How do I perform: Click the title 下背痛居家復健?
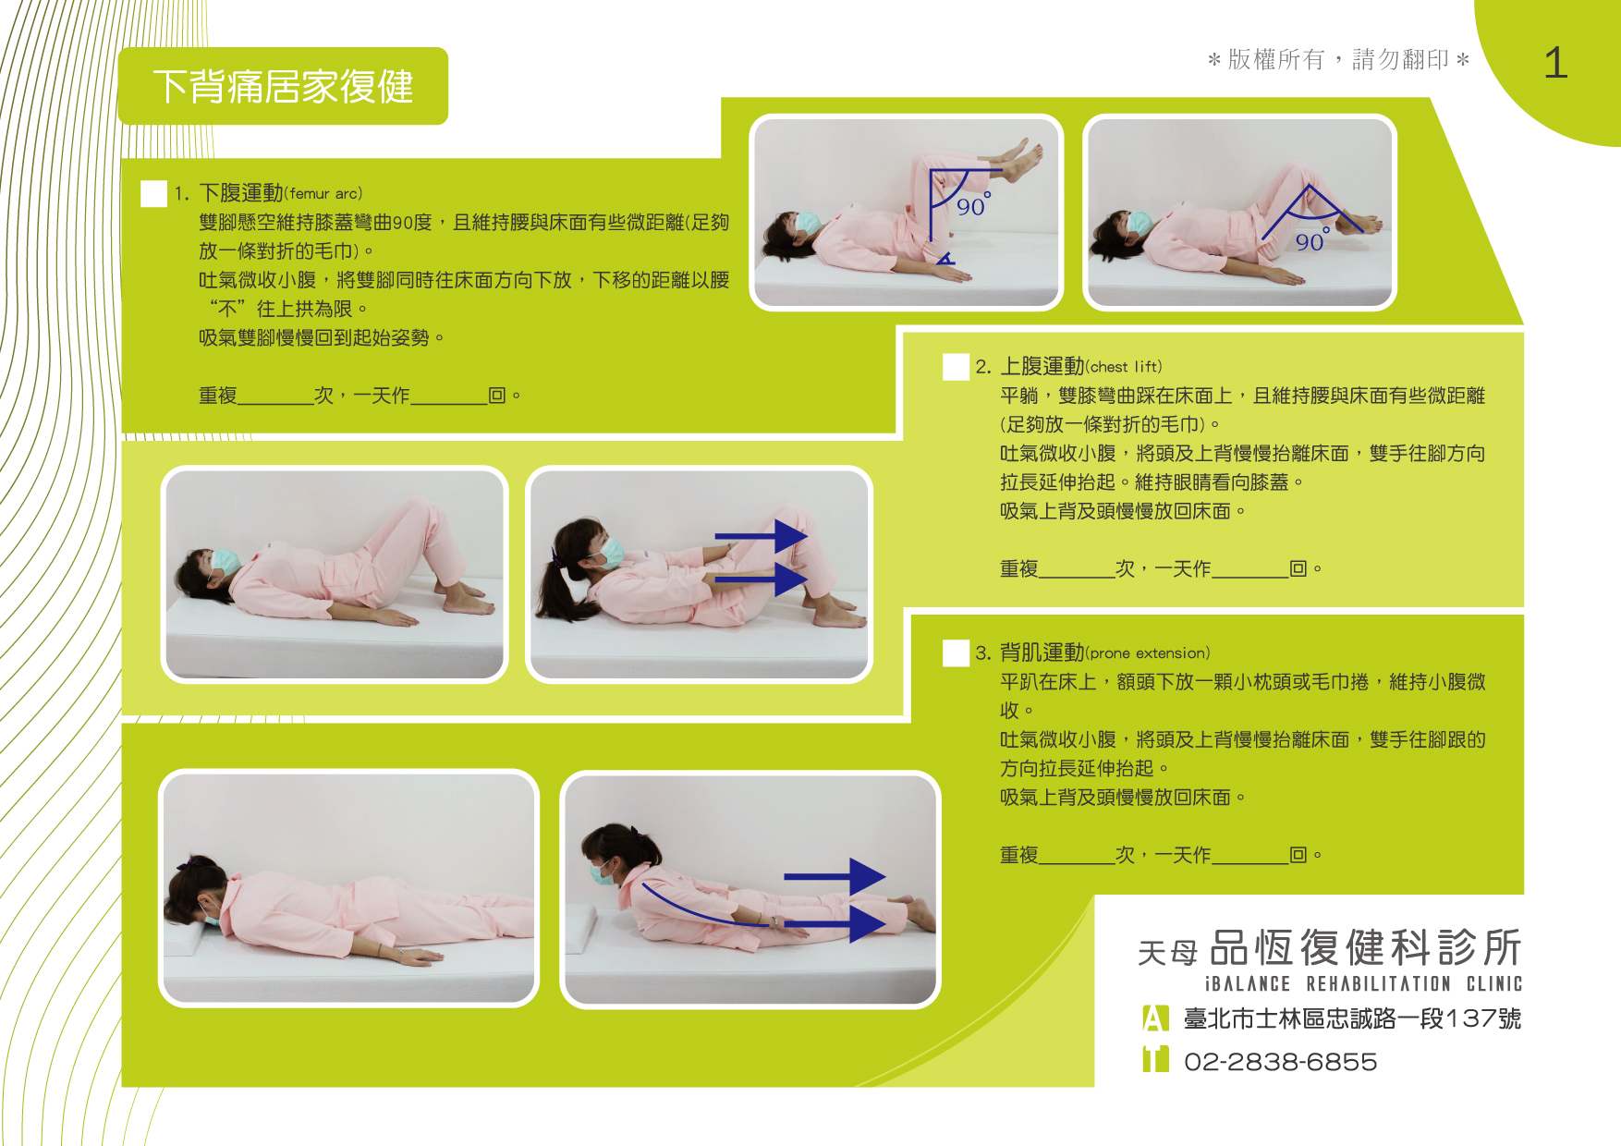(x=283, y=87)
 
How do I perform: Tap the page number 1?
(x=1555, y=64)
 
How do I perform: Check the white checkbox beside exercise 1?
(x=153, y=193)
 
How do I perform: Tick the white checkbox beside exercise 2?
(x=956, y=367)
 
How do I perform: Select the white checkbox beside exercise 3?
(x=956, y=653)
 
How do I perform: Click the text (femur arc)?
(x=323, y=194)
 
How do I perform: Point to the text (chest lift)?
(x=1124, y=367)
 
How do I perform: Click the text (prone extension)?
(x=1147, y=653)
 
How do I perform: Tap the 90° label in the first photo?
(x=972, y=205)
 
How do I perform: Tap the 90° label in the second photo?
(x=1311, y=240)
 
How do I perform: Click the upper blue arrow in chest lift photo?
(x=762, y=535)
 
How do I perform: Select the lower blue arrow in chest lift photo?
(x=762, y=579)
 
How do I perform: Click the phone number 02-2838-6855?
(x=1280, y=1062)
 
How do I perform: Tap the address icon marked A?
(x=1155, y=1018)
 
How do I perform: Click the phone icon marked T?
(x=1155, y=1059)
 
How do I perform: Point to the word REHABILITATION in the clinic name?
(x=1378, y=984)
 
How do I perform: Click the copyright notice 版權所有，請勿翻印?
(x=1338, y=60)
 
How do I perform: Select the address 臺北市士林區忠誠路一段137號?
(x=1352, y=1018)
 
